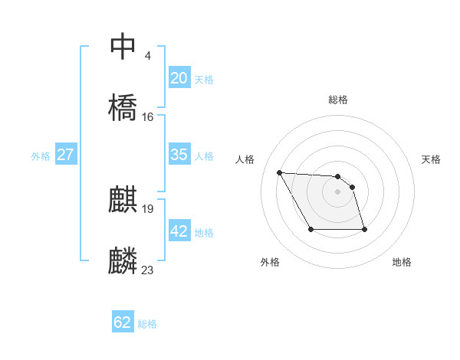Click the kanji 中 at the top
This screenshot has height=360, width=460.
pyautogui.click(x=123, y=47)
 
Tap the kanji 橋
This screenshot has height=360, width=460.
pyautogui.click(x=123, y=106)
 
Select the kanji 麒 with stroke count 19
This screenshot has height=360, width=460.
pyautogui.click(x=123, y=200)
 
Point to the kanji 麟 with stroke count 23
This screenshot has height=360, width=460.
pyautogui.click(x=123, y=260)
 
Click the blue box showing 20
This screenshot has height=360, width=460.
pyautogui.click(x=179, y=78)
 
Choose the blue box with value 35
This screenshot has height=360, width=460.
pyautogui.click(x=179, y=155)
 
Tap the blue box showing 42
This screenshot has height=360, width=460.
pyautogui.click(x=179, y=231)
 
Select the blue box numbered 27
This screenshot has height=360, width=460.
pyautogui.click(x=66, y=155)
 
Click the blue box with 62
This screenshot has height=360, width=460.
pyautogui.click(x=123, y=322)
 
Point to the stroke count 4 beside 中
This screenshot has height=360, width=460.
pyautogui.click(x=147, y=56)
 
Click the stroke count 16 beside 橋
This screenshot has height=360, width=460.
pyautogui.click(x=148, y=117)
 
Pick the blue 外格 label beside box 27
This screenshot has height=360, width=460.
pyautogui.click(x=41, y=156)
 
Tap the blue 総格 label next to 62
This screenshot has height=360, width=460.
pyautogui.click(x=147, y=324)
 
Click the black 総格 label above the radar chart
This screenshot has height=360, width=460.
pyautogui.click(x=338, y=100)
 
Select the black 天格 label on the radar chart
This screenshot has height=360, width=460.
pyautogui.click(x=431, y=159)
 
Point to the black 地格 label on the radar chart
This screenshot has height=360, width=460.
pyautogui.click(x=402, y=262)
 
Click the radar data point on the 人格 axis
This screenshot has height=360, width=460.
pyautogui.click(x=280, y=172)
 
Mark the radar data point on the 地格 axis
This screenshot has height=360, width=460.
pyautogui.click(x=364, y=229)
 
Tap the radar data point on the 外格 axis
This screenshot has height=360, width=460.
pyautogui.click(x=310, y=229)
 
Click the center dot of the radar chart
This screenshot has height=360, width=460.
pyautogui.click(x=338, y=191)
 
